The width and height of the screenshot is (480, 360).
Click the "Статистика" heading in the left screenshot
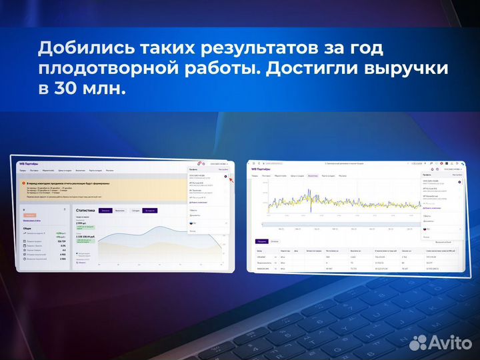[x=85, y=210]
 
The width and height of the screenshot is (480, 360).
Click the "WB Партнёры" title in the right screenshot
[x=261, y=169]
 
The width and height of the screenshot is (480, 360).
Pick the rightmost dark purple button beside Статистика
[x=149, y=211]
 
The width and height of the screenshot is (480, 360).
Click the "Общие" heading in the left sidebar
[x=27, y=227]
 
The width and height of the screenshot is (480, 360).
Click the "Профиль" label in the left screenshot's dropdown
[x=193, y=169]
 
